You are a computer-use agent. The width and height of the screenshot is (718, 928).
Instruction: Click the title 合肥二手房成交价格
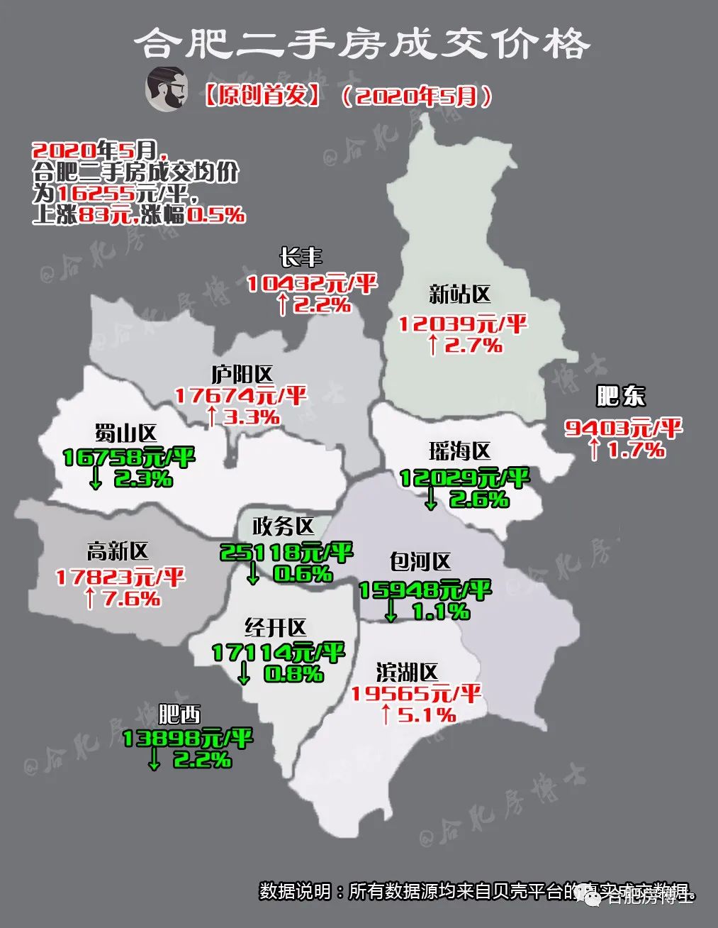(x=361, y=44)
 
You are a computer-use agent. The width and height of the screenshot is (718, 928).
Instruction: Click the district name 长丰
(x=300, y=256)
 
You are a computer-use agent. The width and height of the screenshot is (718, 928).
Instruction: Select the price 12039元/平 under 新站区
(x=462, y=324)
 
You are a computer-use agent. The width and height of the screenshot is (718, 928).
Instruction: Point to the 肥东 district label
(x=621, y=396)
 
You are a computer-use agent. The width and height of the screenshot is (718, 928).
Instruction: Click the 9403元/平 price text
(x=623, y=427)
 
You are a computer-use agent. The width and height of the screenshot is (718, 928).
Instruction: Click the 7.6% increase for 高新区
(x=132, y=599)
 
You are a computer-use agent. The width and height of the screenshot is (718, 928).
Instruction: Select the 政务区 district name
(x=283, y=526)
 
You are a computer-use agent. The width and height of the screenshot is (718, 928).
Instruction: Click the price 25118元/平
(x=286, y=552)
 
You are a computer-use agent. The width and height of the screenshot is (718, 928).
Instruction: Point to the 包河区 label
(x=420, y=563)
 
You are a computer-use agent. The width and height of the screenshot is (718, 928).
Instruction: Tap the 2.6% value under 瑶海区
(x=478, y=499)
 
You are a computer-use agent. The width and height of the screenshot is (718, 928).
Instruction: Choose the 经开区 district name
(x=275, y=627)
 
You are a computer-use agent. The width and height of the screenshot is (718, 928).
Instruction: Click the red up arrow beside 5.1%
(x=386, y=714)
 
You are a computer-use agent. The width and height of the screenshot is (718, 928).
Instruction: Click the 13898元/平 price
(x=187, y=739)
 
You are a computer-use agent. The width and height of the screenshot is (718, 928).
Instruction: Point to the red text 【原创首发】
(x=262, y=95)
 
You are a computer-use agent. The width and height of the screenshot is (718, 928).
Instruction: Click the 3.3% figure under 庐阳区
(x=251, y=416)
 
